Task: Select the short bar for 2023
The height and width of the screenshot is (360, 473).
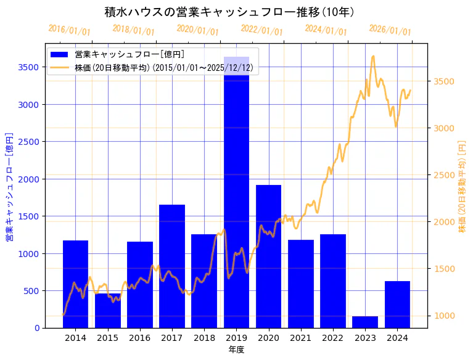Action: (x=365, y=322)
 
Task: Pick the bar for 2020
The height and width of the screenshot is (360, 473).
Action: (x=268, y=256)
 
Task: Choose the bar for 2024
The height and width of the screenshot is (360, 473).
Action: (x=397, y=305)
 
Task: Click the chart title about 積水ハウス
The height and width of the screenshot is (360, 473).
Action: (x=229, y=12)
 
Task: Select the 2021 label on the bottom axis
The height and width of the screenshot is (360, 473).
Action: (x=300, y=338)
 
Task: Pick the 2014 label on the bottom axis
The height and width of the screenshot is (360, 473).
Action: (x=75, y=338)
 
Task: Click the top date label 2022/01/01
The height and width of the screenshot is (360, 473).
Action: (x=261, y=31)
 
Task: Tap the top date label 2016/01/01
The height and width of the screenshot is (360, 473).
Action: (x=69, y=30)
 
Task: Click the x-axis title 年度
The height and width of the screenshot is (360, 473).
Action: (x=236, y=350)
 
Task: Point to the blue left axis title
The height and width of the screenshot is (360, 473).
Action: (x=9, y=186)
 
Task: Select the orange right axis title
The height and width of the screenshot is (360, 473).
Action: (x=462, y=186)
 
